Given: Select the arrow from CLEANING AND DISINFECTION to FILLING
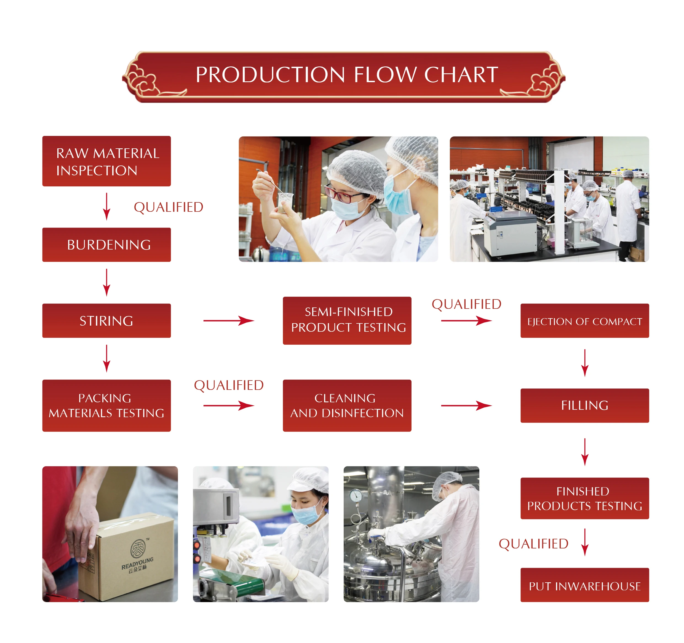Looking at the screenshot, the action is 466,406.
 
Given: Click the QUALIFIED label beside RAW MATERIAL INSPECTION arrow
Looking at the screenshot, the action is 168,207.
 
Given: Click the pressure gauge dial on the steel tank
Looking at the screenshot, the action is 356,495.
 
